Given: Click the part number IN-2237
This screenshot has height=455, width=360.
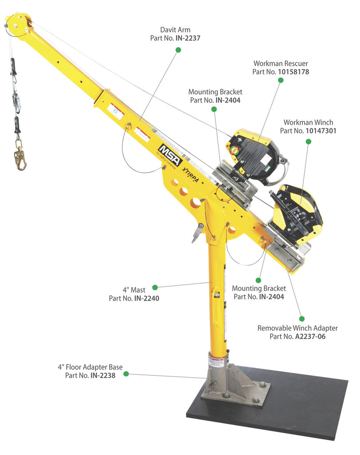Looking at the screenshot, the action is [x=188, y=38].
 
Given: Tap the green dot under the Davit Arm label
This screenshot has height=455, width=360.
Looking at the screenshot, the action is [x=178, y=50].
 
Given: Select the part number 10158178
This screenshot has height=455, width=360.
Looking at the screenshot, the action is [x=293, y=72].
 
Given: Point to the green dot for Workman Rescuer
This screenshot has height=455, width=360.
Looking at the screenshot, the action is [x=280, y=80].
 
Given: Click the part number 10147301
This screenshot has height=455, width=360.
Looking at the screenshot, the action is [x=321, y=131].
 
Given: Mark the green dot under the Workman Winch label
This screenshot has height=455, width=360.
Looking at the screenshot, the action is [x=309, y=142].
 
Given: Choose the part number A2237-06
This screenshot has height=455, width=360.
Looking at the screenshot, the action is [x=310, y=336].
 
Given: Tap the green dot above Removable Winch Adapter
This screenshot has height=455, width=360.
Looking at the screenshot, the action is [x=301, y=319].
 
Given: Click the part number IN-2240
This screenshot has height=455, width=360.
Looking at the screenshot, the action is [x=147, y=298].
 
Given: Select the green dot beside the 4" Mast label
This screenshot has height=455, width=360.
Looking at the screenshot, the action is [x=155, y=287].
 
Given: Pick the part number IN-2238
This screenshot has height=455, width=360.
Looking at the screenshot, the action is [x=103, y=375].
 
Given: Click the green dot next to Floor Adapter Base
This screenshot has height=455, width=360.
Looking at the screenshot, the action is [x=126, y=374].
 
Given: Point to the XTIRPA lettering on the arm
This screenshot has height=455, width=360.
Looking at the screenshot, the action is [x=190, y=175].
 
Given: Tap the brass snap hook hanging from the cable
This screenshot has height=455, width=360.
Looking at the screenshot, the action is [x=20, y=158].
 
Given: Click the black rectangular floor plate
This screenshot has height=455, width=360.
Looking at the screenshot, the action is [x=267, y=405].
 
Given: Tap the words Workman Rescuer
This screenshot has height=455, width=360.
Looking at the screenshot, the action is [x=280, y=63].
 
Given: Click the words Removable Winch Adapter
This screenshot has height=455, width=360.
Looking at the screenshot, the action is [x=297, y=328].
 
